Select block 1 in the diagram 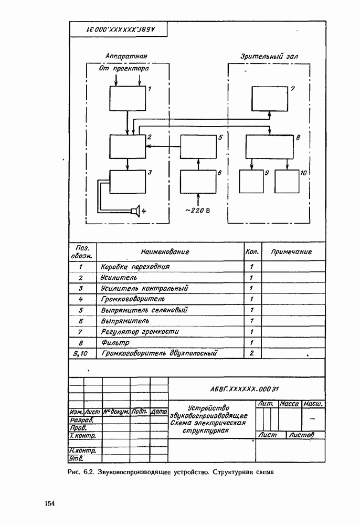(x=128, y=98)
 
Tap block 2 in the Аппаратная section (x=128, y=146)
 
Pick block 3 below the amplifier (x=128, y=182)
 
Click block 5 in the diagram (x=198, y=146)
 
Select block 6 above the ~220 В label (x=198, y=182)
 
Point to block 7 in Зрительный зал (x=270, y=98)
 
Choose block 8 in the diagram (x=270, y=146)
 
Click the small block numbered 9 (x=252, y=182)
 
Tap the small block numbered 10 (x=287, y=182)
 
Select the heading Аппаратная (x=126, y=56)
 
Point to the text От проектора (x=124, y=69)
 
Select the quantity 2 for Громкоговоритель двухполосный (x=252, y=353)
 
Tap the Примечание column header (x=291, y=252)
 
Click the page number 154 (x=50, y=504)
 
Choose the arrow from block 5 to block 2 (x=163, y=147)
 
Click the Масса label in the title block (x=289, y=404)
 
